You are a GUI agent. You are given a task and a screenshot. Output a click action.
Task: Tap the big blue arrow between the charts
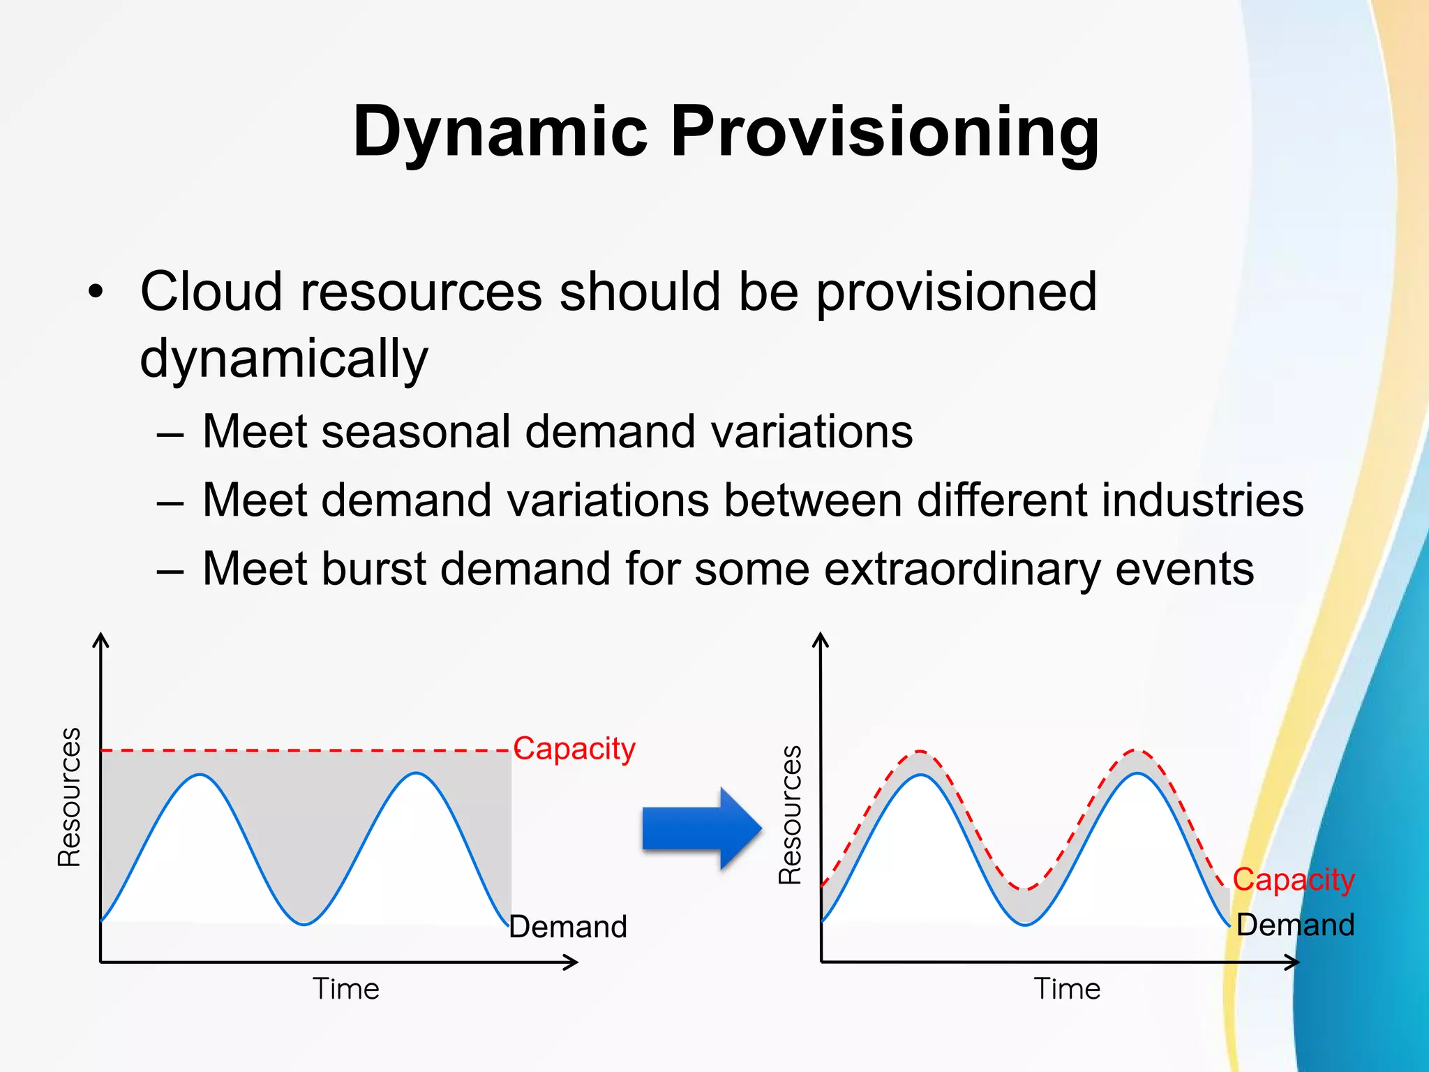point(701,828)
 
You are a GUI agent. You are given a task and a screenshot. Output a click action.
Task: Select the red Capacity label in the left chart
point(574,750)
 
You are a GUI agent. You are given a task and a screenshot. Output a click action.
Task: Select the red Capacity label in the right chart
point(1293,880)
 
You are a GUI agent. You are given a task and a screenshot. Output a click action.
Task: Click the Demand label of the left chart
point(568,927)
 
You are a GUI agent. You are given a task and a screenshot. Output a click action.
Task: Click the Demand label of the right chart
point(1295,925)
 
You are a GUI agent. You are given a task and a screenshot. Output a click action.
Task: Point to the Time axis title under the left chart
point(345,989)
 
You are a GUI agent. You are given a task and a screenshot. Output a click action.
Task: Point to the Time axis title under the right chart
point(1067,989)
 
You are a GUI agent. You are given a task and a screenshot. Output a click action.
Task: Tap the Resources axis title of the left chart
point(69,796)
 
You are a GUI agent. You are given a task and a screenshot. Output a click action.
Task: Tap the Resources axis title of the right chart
point(790,814)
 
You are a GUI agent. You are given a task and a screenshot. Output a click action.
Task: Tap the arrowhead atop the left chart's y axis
point(102,639)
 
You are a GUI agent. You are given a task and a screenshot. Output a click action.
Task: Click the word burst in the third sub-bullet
point(373,569)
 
